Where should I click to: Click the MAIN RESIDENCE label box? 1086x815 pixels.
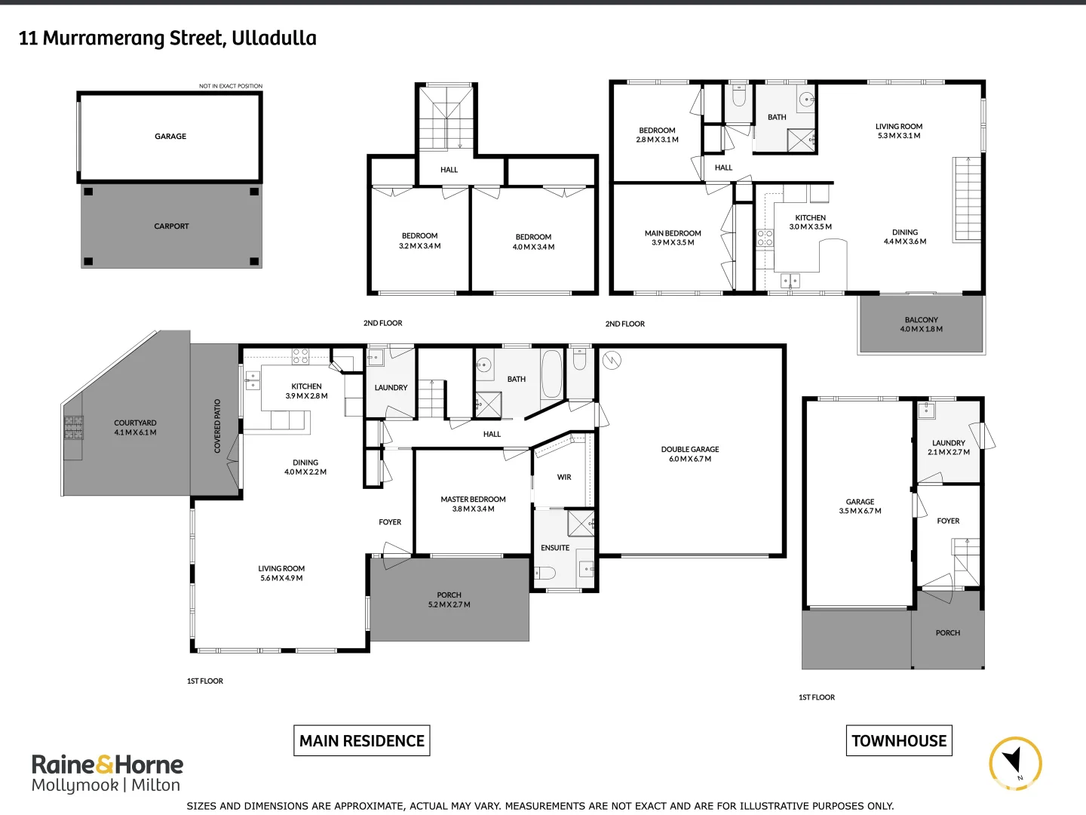[x=362, y=741]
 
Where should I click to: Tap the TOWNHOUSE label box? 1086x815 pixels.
[x=898, y=741]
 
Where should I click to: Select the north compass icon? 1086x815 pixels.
[x=1015, y=763]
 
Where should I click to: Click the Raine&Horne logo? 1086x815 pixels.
[x=107, y=773]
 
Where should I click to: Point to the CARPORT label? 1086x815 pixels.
[x=171, y=226]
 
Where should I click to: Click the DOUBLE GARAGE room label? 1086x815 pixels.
[x=690, y=454]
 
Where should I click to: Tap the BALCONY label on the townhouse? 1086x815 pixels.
[x=921, y=324]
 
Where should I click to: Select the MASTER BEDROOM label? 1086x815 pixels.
[x=473, y=504]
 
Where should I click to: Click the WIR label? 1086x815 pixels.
[x=564, y=477]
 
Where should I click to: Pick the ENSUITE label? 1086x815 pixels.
[x=555, y=548]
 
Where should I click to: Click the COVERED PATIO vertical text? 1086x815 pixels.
[x=218, y=426]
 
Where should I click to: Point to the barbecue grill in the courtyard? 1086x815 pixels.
[x=73, y=428]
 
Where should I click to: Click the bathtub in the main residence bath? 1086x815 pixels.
[x=551, y=374]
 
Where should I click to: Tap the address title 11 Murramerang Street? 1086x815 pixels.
[x=167, y=38]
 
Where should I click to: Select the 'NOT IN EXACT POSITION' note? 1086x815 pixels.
[x=231, y=86]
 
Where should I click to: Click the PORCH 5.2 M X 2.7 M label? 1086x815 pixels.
[x=449, y=600]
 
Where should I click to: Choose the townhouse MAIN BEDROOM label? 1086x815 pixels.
[x=673, y=238]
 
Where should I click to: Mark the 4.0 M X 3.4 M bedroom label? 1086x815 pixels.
[x=533, y=241]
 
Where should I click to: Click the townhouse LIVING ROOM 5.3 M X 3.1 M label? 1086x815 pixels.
[x=898, y=131]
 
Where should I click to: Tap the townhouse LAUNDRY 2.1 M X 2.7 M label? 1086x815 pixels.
[x=948, y=447]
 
